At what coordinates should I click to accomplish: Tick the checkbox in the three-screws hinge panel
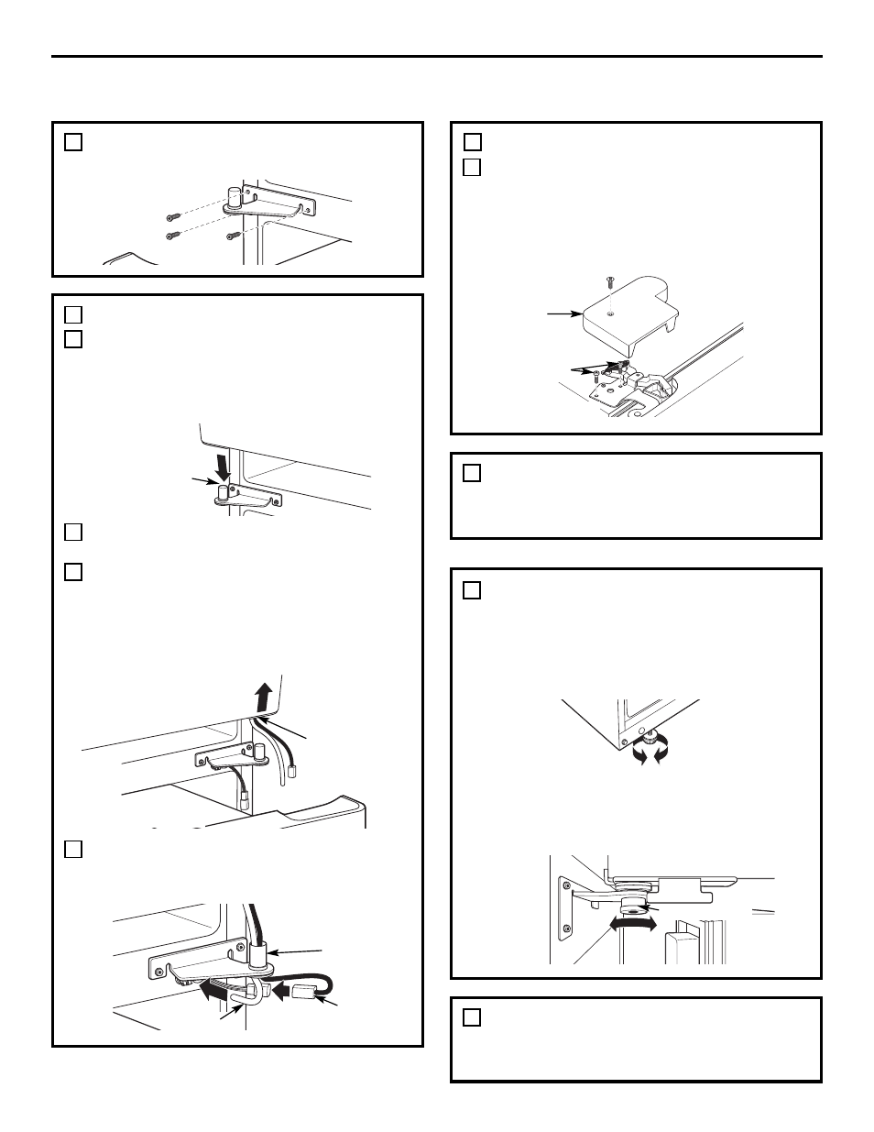(74, 142)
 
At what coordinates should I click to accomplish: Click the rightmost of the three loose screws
(233, 236)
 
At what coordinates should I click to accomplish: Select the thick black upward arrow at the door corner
(264, 696)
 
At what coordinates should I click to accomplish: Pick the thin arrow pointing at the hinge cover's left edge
(564, 314)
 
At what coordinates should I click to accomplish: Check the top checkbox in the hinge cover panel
(472, 142)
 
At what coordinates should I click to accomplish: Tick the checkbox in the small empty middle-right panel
(472, 473)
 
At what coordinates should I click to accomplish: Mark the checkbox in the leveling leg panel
(472, 590)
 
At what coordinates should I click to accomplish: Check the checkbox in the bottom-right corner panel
(472, 1017)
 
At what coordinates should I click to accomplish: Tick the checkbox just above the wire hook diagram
(74, 849)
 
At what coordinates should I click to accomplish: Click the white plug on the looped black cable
(304, 992)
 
